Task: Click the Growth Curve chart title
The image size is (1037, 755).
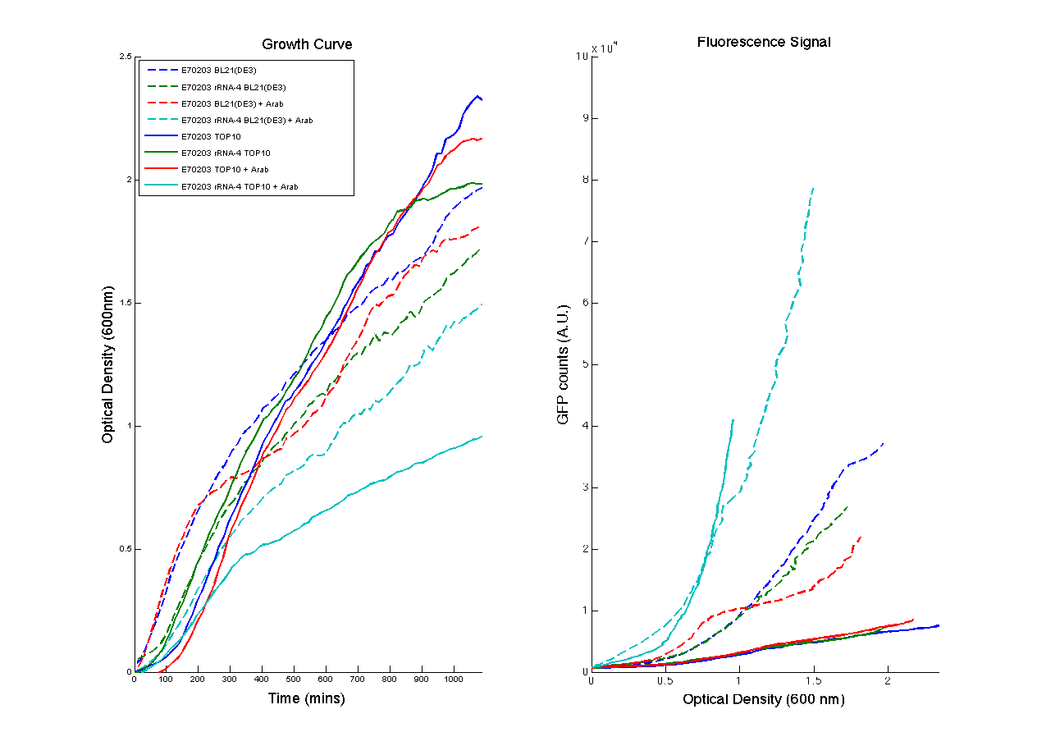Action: coord(307,44)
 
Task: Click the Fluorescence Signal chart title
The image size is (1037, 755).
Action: coord(764,42)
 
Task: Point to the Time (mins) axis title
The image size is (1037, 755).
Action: coord(307,699)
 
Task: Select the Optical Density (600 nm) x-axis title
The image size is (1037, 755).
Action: coord(764,700)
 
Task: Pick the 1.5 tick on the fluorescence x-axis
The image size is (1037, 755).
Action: coord(813,680)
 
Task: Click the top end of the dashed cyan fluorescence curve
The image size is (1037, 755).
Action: coord(813,188)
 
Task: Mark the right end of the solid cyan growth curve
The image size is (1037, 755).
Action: coord(482,437)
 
